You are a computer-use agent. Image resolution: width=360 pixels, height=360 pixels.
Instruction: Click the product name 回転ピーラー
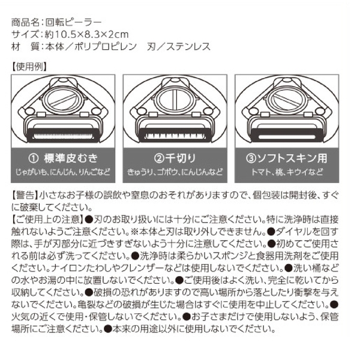tap(73, 22)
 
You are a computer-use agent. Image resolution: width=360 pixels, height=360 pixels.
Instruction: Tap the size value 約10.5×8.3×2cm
tap(86, 34)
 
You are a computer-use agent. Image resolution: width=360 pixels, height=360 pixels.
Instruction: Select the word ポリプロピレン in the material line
tap(106, 47)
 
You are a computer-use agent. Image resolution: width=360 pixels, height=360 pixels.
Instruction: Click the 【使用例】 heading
tap(29, 67)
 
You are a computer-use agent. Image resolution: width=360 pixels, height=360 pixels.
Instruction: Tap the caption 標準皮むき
tap(71, 158)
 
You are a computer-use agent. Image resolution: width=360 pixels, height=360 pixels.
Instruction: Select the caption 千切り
tap(181, 158)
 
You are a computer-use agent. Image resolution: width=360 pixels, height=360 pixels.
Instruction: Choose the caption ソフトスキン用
tap(292, 158)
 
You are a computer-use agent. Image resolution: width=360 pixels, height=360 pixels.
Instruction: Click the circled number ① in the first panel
tap(33, 158)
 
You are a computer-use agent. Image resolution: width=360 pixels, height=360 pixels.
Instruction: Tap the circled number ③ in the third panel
tap(251, 158)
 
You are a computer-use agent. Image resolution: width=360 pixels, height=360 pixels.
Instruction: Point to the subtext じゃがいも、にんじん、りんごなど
tap(62, 172)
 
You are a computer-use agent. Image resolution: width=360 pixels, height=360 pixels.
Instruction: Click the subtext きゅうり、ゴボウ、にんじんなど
tap(175, 172)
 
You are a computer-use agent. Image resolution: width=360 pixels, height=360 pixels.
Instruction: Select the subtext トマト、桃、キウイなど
tap(287, 172)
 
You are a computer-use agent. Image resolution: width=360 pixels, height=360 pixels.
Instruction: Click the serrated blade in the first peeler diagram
tap(63, 136)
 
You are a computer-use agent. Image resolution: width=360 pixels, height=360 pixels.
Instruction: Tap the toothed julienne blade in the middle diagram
tap(175, 136)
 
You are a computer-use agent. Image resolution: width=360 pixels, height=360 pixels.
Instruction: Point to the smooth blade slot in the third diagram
tap(287, 137)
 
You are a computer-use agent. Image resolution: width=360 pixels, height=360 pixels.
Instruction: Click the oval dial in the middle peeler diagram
tap(175, 100)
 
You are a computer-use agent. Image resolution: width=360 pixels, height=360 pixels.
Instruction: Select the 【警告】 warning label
tap(25, 196)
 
